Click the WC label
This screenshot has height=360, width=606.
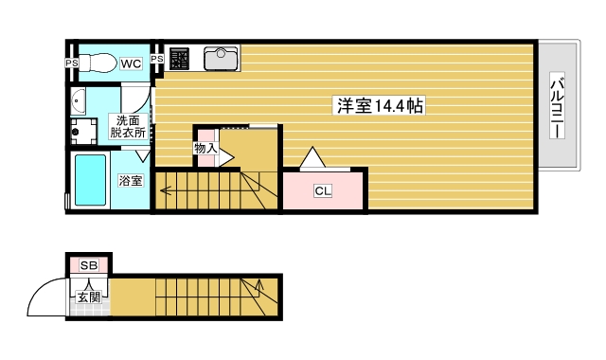[x=131, y=63]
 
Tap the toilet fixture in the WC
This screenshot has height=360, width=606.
[x=96, y=63]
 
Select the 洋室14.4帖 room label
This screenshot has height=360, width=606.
[x=378, y=106]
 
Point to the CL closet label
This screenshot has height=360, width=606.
[x=323, y=191]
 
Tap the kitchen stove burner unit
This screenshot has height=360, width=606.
[x=180, y=58]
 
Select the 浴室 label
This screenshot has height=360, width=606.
[x=131, y=180]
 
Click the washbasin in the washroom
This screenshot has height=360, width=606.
[x=77, y=100]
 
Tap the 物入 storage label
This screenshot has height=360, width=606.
[x=205, y=149]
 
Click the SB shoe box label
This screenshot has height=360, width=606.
[x=89, y=265]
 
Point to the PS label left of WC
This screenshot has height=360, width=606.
[x=71, y=63]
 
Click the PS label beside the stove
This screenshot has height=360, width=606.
[x=157, y=59]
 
